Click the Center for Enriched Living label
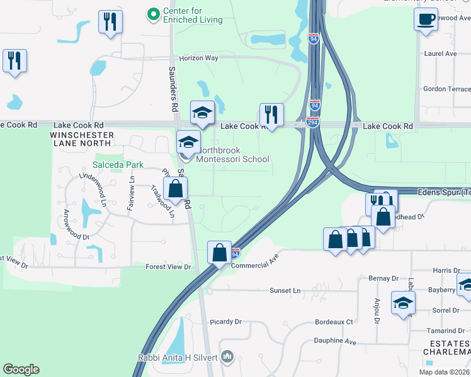pos(192,15)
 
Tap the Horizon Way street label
pos(198,58)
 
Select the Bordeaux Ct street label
pos(334,322)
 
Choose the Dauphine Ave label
pos(336,341)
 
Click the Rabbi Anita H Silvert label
pos(178,358)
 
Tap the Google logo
pos(21,369)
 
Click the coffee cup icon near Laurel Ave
pos(426,19)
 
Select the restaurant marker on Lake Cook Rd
pos(271,115)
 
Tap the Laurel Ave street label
pos(440,54)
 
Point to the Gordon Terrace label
pos(446,89)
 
